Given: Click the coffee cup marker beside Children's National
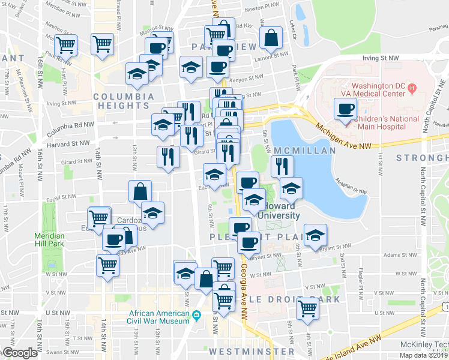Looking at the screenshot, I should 345,109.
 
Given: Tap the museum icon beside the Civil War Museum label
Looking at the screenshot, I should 196,316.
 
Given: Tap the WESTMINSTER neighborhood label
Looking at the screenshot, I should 252,351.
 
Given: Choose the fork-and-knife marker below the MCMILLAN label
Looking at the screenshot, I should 282,166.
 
